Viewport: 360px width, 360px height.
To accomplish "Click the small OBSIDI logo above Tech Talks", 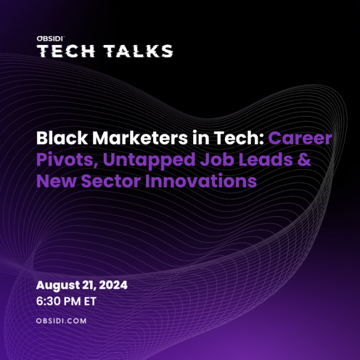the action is (50, 38).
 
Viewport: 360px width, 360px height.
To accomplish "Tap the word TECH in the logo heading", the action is (66, 51).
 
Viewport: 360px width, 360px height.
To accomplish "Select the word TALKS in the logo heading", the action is (138, 51).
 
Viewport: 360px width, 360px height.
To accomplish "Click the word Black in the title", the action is (62, 138).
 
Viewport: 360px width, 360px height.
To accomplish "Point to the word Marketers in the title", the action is (140, 138).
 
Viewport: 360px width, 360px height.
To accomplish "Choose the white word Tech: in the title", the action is (239, 138).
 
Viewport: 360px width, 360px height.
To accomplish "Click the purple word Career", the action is (301, 139).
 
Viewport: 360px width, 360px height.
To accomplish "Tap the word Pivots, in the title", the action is (67, 160).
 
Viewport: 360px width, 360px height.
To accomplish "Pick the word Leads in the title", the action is (266, 160).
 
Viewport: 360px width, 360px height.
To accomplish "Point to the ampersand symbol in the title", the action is (305, 160).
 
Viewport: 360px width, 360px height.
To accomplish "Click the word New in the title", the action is (56, 181).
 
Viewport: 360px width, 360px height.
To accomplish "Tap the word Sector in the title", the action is (110, 181).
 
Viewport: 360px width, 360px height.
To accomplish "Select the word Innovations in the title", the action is (201, 181).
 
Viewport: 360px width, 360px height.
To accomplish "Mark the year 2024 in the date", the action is (113, 285).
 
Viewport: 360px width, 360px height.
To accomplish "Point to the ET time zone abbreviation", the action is (90, 301).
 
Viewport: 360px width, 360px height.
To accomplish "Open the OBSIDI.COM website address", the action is (61, 321).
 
